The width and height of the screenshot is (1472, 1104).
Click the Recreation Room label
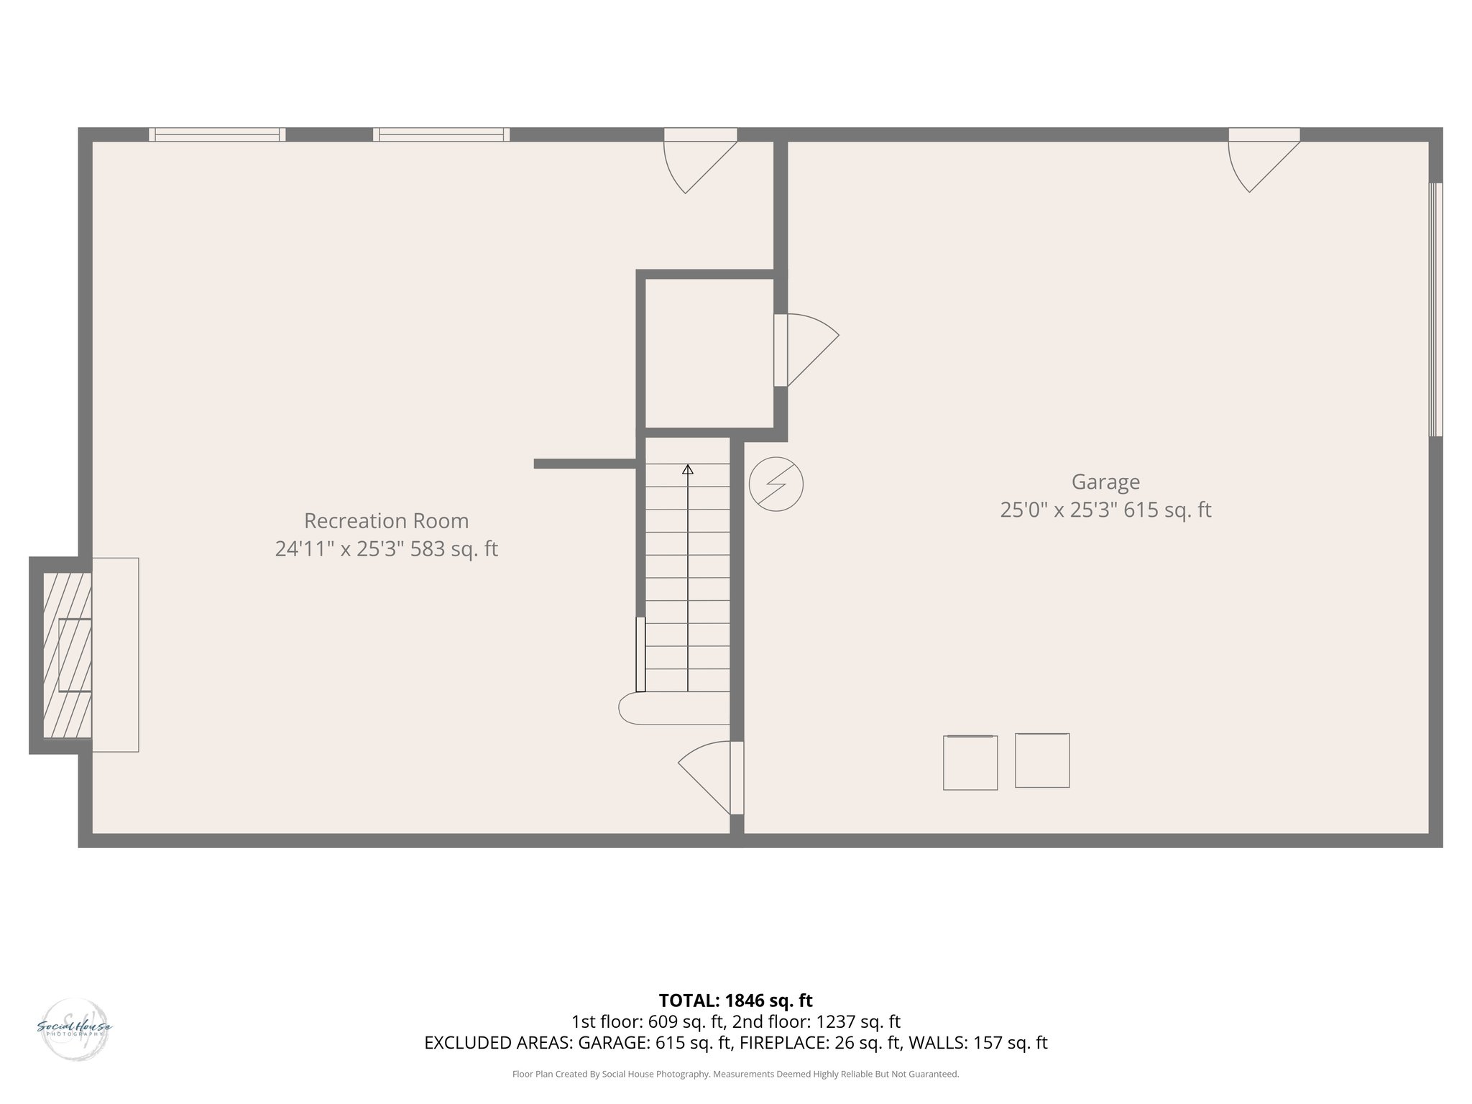(386, 520)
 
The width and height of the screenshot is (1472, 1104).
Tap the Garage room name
(1105, 482)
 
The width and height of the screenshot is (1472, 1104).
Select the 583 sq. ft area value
(454, 549)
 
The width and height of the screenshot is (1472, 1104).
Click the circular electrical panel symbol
(776, 484)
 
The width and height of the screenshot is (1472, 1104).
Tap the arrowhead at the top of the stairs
(688, 469)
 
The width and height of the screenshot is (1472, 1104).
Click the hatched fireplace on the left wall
(67, 654)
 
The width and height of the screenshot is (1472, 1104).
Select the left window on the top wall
(217, 134)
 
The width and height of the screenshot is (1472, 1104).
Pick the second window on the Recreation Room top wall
(441, 134)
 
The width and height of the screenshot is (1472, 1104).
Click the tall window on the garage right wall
(1435, 310)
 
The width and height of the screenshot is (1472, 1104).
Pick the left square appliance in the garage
(970, 763)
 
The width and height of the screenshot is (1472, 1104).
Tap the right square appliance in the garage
(1042, 760)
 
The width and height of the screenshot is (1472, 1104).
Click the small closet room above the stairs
(709, 353)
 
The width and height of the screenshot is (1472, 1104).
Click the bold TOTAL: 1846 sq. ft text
(735, 1000)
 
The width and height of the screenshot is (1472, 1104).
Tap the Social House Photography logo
(75, 1029)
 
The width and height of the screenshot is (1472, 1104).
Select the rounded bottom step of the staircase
(672, 708)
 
